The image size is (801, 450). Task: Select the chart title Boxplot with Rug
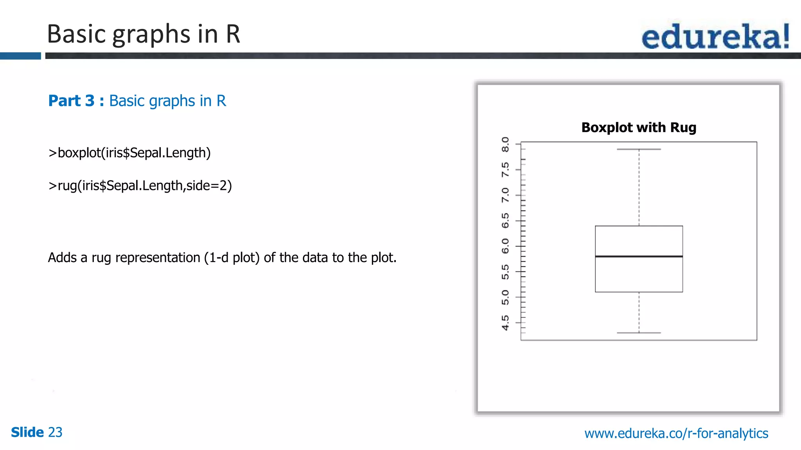pyautogui.click(x=639, y=128)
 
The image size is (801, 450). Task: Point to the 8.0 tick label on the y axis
pyautogui.click(x=505, y=145)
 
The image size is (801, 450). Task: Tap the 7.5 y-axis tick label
pyautogui.click(x=505, y=170)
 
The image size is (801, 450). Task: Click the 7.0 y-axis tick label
pyautogui.click(x=505, y=195)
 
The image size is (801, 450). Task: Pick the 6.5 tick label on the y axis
pyautogui.click(x=505, y=221)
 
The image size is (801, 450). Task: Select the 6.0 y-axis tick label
pyautogui.click(x=505, y=246)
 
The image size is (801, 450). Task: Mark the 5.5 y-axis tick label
pyautogui.click(x=505, y=272)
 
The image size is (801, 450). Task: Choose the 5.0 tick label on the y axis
pyautogui.click(x=505, y=297)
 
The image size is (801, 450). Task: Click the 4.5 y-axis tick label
pyautogui.click(x=505, y=323)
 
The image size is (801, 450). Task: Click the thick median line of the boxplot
pyautogui.click(x=639, y=256)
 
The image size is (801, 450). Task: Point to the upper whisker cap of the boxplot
pyautogui.click(x=639, y=149)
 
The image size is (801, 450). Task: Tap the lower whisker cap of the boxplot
pyautogui.click(x=639, y=333)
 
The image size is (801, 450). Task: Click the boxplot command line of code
pyautogui.click(x=129, y=153)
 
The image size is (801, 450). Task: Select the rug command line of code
pyautogui.click(x=140, y=186)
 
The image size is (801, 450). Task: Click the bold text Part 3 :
pyautogui.click(x=76, y=101)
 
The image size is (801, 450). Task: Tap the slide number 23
pyautogui.click(x=55, y=432)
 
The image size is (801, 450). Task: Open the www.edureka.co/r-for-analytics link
pyautogui.click(x=676, y=433)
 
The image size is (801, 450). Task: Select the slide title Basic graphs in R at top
pyautogui.click(x=143, y=34)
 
